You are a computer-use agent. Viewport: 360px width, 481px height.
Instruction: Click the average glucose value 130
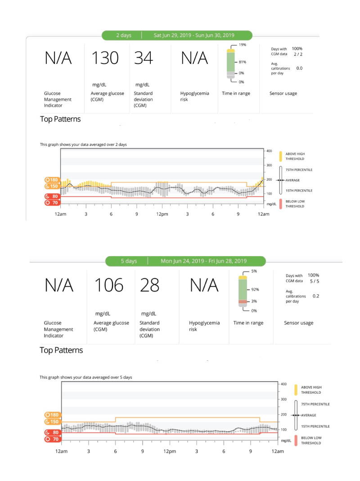pos(105,58)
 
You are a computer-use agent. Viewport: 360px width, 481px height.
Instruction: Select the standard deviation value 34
pos(143,58)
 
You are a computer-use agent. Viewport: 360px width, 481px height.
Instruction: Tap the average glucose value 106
pos(108,285)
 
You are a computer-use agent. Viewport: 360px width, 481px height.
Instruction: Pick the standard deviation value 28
pos(149,285)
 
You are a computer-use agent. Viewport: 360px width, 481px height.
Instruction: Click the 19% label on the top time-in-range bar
pos(243,45)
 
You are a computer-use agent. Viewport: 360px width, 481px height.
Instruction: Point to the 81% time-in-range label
pos(243,62)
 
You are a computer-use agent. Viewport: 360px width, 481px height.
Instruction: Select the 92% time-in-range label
pos(255,289)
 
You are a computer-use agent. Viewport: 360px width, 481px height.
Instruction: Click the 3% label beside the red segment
pos(254,301)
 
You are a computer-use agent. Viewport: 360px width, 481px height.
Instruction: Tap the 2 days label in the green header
pos(124,35)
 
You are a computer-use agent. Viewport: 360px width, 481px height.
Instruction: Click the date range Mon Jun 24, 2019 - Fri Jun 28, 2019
pos(204,261)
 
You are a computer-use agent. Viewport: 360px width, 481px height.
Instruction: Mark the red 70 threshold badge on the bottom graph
pos(52,439)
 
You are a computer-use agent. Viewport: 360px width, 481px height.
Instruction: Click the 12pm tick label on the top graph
pos(162,214)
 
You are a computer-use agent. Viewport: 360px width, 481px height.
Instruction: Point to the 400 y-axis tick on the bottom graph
pos(283,384)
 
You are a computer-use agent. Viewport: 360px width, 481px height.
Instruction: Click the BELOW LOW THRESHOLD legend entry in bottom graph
pos(308,441)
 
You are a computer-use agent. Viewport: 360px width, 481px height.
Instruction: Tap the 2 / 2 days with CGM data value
pos(298,54)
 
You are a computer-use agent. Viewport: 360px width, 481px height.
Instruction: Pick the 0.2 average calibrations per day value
pos(316,296)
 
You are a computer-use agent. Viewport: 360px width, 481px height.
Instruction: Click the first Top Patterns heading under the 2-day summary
pos(60,119)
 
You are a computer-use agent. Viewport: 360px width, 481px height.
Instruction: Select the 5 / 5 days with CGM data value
pos(314,281)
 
